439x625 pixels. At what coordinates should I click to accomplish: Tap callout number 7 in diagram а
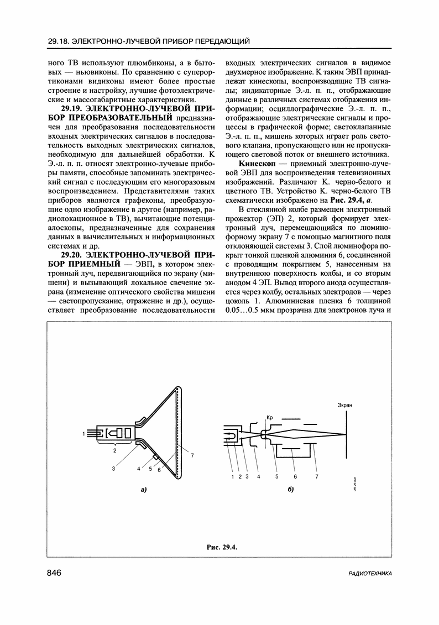click(x=192, y=455)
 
